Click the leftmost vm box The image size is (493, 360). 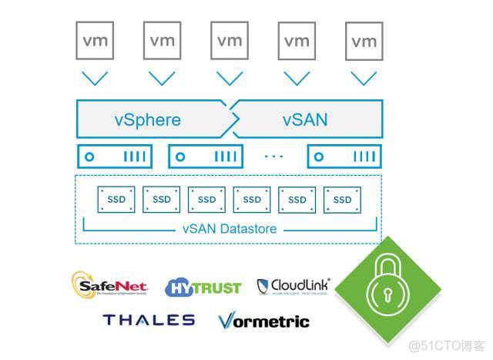click(x=95, y=41)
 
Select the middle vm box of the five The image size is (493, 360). click(x=230, y=41)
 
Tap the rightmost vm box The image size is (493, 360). click(x=364, y=41)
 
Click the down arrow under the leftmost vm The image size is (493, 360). click(x=95, y=78)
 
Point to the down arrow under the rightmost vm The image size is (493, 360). click(x=364, y=78)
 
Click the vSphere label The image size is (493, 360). click(x=147, y=119)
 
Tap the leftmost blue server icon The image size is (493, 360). click(x=115, y=156)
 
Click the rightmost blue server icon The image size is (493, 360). click(x=344, y=156)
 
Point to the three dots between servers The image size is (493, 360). click(x=273, y=156)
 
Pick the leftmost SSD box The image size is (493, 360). click(x=116, y=200)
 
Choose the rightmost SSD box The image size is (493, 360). click(x=342, y=200)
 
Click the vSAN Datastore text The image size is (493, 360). click(x=230, y=229)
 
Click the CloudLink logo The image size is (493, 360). click(x=293, y=287)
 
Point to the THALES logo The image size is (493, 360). click(x=149, y=319)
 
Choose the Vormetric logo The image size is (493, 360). click(x=263, y=321)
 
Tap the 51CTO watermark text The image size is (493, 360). click(x=446, y=345)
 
